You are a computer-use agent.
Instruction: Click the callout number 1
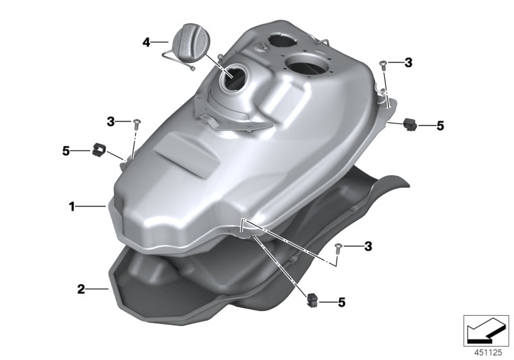73,206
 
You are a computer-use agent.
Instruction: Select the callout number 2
81,289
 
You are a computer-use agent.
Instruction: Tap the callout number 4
146,43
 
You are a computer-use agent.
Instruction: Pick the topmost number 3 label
408,62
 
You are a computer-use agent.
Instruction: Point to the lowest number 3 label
368,246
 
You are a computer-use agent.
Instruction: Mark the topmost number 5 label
440,126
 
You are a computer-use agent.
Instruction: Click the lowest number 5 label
341,301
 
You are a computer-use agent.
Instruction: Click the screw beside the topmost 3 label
383,63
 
